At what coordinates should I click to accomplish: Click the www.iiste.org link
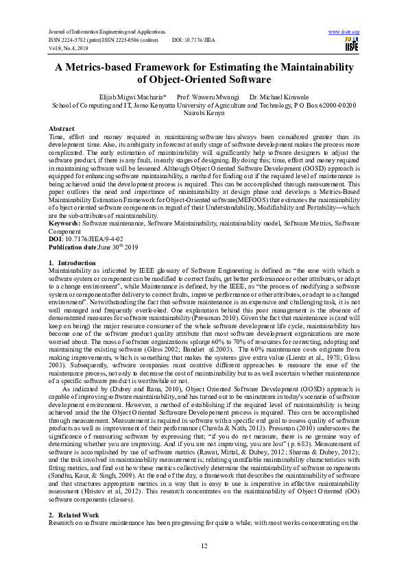(x=344, y=32)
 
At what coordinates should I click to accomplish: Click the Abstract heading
(x=62, y=129)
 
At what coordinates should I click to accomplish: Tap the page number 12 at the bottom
(x=204, y=545)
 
